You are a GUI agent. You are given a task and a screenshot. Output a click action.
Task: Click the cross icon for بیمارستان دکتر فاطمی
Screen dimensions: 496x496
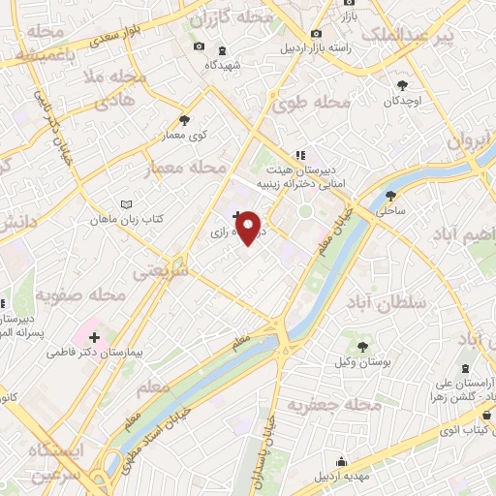[94, 337]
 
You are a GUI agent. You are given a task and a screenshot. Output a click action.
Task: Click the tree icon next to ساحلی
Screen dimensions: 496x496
[392, 193]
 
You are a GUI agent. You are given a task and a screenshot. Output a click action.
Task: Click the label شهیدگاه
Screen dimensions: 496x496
[223, 65]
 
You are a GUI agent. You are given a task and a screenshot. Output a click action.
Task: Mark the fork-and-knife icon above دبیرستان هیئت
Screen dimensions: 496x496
[300, 155]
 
